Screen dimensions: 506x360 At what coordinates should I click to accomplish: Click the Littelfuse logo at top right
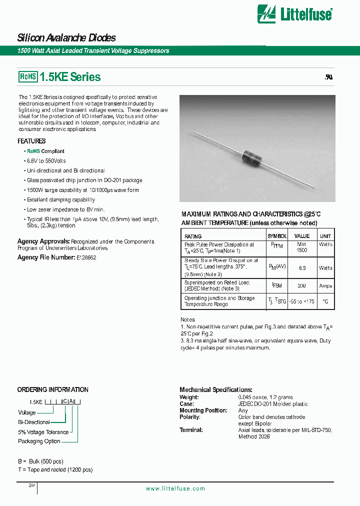pos(294,14)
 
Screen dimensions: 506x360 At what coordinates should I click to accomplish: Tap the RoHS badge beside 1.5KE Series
pos(28,77)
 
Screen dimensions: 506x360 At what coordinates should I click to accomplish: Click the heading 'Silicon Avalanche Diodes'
pos(66,38)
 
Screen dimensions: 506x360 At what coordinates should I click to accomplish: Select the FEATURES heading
pos(31,141)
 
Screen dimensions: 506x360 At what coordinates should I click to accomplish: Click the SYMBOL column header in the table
pos(277,236)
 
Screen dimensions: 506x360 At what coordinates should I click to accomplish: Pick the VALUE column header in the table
pos(301,236)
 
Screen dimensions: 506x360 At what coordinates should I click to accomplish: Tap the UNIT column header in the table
pos(325,236)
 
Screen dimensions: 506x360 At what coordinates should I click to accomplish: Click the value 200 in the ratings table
pos(301,286)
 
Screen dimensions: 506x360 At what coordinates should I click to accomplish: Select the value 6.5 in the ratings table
pos(301,268)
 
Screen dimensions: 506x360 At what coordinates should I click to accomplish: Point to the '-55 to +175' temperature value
pos(301,301)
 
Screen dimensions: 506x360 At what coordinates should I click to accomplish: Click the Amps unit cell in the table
pos(325,286)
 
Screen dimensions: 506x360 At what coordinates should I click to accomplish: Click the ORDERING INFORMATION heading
pos(52,389)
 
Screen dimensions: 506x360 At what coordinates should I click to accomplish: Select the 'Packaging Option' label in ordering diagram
pos(39,441)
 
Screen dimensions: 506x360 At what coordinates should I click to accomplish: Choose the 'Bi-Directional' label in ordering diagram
pos(34,422)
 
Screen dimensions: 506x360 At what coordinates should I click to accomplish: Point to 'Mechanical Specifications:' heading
pos(215,389)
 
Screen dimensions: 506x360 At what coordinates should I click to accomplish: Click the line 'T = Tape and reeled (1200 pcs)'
pos(55,469)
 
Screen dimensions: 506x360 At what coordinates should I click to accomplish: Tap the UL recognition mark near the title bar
pos(328,77)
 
